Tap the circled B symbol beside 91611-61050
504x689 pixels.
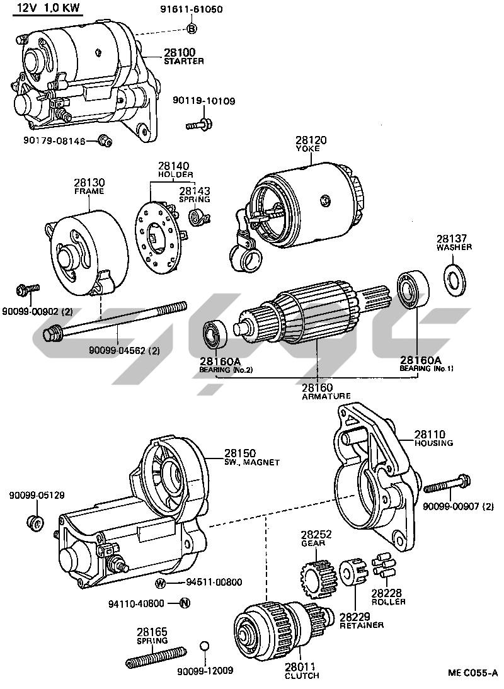[192, 28]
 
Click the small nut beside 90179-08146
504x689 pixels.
[105, 140]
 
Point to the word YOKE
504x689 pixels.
[308, 149]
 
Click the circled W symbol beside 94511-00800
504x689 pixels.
[161, 582]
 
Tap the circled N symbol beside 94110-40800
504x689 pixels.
[185, 603]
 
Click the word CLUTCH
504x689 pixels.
[302, 676]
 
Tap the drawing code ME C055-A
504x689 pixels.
[473, 672]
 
